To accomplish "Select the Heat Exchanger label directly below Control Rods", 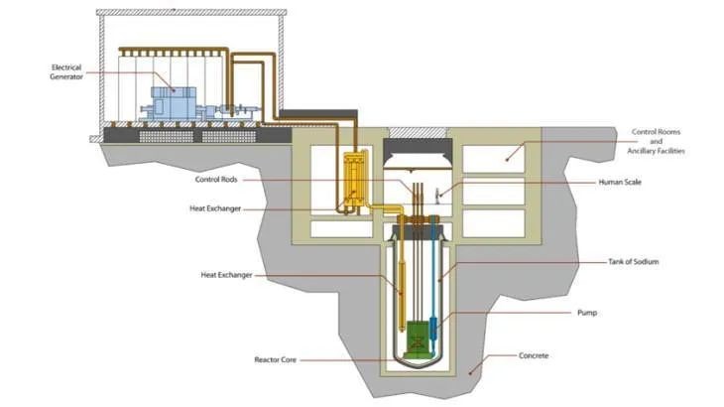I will coord(215,209).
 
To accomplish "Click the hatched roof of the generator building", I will coord(188,13).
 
